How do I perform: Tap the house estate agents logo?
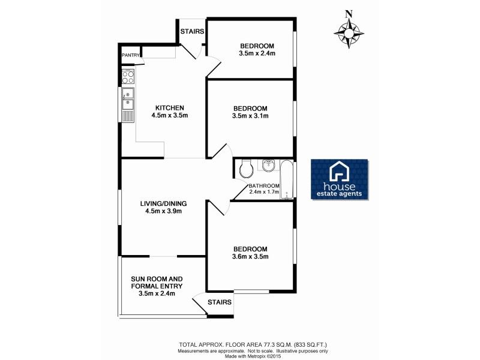340,179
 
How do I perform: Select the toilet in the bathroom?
245,169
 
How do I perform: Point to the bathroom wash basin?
268,164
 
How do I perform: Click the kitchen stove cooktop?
127,77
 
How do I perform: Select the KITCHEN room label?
159,108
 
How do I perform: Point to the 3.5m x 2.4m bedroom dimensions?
257,54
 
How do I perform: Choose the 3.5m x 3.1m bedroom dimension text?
251,116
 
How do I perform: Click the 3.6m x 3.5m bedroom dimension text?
251,257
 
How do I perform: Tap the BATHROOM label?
265,185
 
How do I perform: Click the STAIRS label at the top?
191,31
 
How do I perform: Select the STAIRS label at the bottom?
219,302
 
